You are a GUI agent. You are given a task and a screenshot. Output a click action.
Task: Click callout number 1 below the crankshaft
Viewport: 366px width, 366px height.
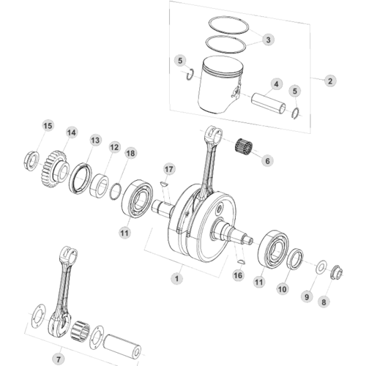pyautogui.click(x=177, y=278)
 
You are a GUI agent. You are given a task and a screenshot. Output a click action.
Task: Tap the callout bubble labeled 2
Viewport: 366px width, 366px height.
pyautogui.click(x=330, y=81)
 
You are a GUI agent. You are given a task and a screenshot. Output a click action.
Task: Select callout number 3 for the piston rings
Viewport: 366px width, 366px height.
pyautogui.click(x=268, y=40)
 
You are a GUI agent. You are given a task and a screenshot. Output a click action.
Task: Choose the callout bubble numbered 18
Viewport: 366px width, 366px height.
pyautogui.click(x=130, y=153)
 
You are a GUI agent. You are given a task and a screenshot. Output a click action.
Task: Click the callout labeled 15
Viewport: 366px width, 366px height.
pyautogui.click(x=48, y=126)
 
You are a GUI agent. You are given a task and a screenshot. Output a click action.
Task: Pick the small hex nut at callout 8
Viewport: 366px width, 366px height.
pyautogui.click(x=337, y=272)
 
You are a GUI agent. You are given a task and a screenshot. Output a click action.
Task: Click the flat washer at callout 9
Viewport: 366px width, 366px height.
pyautogui.click(x=321, y=267)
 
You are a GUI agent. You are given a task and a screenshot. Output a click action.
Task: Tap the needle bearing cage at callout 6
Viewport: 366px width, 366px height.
pyautogui.click(x=244, y=147)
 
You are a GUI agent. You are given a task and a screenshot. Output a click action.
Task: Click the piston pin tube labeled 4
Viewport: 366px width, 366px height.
pyautogui.click(x=269, y=103)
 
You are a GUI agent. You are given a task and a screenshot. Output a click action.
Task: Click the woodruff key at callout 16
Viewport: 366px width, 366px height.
pyautogui.click(x=241, y=262)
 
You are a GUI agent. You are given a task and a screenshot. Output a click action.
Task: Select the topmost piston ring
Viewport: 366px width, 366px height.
pyautogui.click(x=228, y=24)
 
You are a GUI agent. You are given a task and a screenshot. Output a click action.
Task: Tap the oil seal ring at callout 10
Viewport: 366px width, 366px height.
pyautogui.click(x=296, y=259)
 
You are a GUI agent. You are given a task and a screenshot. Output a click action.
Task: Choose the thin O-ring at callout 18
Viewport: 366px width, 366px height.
pyautogui.click(x=116, y=191)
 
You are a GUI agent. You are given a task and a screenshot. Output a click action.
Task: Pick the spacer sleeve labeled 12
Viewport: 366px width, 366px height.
pyautogui.click(x=99, y=185)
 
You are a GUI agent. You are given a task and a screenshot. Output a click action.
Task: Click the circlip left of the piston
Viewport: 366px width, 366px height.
pyautogui.click(x=190, y=74)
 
